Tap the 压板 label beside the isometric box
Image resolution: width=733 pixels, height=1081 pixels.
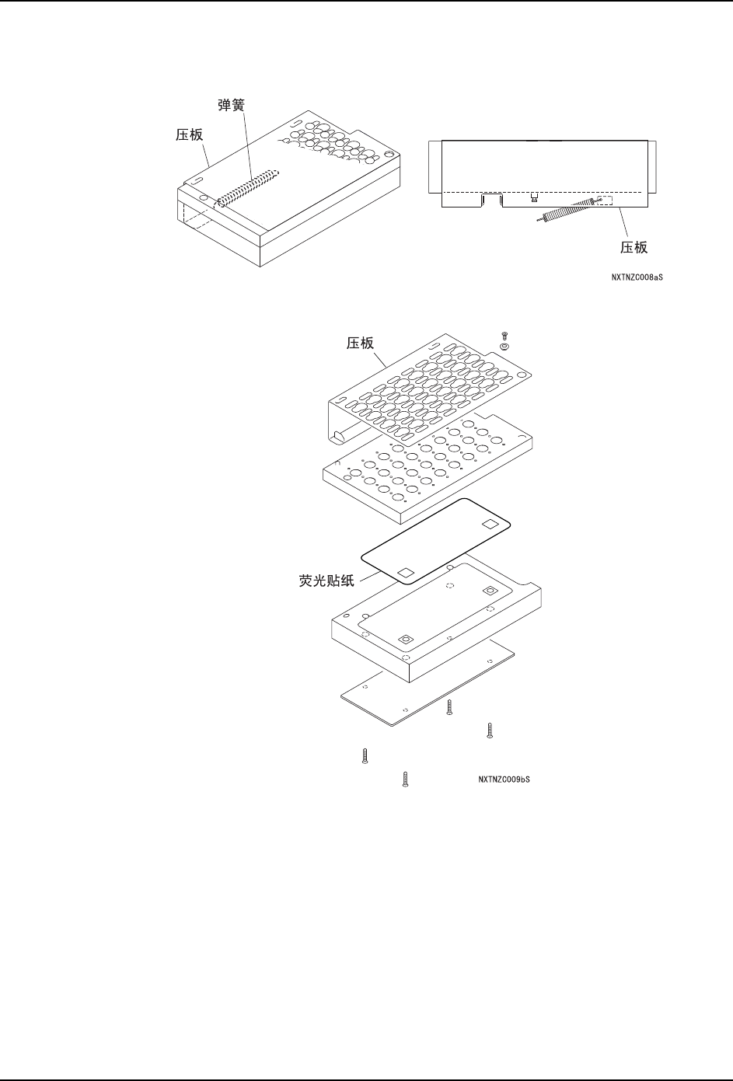[x=187, y=134]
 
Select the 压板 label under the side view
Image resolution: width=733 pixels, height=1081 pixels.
[x=633, y=248]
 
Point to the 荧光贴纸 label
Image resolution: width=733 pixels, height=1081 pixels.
[x=321, y=579]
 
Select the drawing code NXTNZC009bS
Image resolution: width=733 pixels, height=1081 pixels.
[x=504, y=779]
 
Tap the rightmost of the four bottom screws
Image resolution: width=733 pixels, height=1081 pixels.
[x=490, y=731]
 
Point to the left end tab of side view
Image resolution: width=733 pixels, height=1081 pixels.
[x=435, y=168]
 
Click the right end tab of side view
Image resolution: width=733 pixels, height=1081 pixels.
[x=653, y=168]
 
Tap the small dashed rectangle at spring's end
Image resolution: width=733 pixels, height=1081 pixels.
[x=604, y=201]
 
